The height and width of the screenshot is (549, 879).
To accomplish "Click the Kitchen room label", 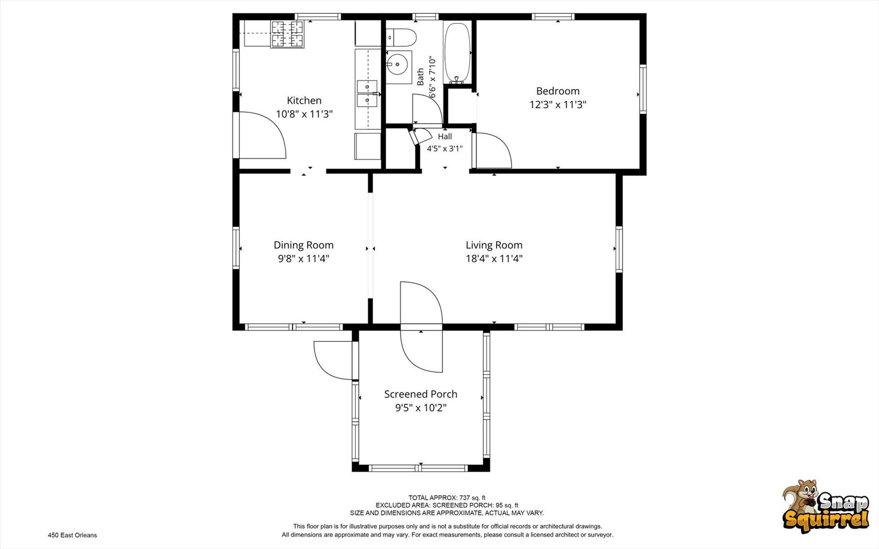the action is click(x=304, y=101).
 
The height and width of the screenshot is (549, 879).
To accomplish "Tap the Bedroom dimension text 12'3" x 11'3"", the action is click(x=558, y=105).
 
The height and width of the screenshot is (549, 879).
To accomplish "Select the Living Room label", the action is click(x=494, y=245).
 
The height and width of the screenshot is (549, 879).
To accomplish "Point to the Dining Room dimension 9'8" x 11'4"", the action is click(x=304, y=259).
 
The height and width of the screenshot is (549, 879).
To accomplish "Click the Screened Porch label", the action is click(x=420, y=394).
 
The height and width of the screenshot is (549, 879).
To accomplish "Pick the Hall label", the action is click(x=445, y=137).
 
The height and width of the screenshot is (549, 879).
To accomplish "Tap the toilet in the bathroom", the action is click(x=401, y=38).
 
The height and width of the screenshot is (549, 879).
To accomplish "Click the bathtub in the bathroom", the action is click(x=458, y=53).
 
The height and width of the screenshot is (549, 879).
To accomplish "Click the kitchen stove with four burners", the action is click(x=288, y=34).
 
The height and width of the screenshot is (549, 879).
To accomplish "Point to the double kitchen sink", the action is click(x=367, y=94).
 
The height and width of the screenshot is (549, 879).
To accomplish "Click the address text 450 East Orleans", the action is click(x=72, y=535).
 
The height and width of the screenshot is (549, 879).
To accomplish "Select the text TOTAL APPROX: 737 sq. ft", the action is click(x=447, y=498).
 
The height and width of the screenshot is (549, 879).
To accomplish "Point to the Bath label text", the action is click(x=420, y=77).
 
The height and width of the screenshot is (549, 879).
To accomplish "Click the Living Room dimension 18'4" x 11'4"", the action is click(x=494, y=259).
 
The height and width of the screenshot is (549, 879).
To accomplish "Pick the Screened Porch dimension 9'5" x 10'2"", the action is click(x=421, y=408).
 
